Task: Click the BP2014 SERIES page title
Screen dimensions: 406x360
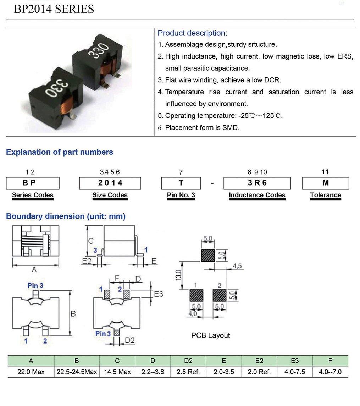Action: pos(54,9)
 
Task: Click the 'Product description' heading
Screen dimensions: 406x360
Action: pos(192,33)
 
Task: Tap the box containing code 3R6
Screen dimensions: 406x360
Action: pos(257,183)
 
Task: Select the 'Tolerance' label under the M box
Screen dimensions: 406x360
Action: pos(325,195)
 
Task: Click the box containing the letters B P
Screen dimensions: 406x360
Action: pos(33,183)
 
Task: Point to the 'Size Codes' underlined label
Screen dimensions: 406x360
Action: pos(110,195)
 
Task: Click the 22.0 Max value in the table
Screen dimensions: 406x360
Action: pos(31,372)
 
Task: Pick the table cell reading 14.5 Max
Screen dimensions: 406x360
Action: pos(117,372)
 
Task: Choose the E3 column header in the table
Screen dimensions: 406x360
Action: pos(295,361)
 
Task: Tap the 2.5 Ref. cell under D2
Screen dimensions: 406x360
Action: pos(188,372)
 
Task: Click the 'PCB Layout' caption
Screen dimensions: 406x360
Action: pos(210,335)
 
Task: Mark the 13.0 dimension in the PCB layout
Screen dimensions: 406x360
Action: pos(178,275)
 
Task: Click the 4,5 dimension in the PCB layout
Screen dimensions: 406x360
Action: pos(237,266)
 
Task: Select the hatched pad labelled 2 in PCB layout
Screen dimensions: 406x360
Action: pos(219,295)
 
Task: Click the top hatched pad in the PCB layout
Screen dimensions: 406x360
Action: pos(208,255)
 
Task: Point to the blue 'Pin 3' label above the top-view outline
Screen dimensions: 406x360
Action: pos(35,286)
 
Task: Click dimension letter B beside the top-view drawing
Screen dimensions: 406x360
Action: pos(73,314)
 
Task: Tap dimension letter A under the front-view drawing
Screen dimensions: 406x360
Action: pos(34,269)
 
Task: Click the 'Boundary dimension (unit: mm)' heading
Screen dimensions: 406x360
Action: pos(66,216)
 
